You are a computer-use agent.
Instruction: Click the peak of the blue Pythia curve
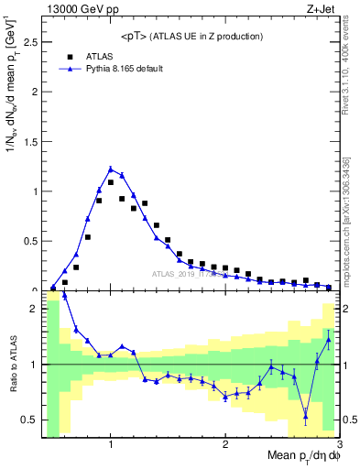(111, 169)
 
